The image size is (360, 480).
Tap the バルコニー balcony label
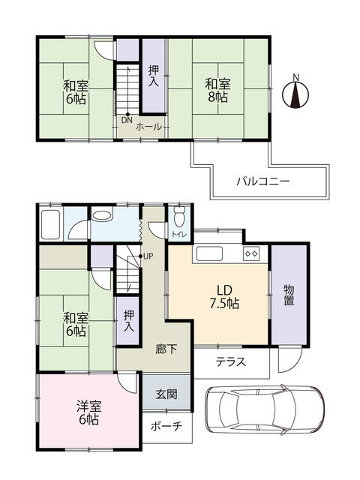(x=262, y=181)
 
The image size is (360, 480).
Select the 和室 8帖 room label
(x=217, y=90)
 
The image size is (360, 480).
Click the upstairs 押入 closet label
(x=154, y=75)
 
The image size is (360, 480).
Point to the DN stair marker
(x=126, y=119)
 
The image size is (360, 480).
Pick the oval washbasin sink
(x=101, y=215)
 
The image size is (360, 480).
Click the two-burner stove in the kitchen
(x=250, y=254)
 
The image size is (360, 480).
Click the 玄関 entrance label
(x=166, y=394)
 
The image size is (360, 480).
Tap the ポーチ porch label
(x=166, y=426)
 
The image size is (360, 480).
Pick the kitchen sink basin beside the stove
(x=210, y=253)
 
